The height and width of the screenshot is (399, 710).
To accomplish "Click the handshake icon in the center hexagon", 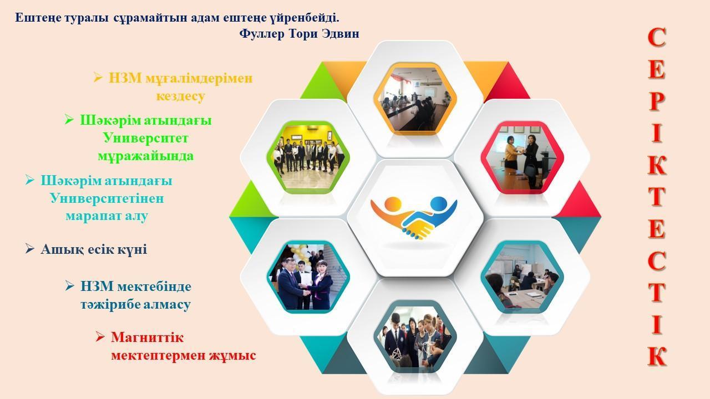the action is [x=414, y=218].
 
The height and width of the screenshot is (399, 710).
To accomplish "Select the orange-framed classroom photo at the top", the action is [x=415, y=99].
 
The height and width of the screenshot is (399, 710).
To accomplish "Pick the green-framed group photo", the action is [x=308, y=157].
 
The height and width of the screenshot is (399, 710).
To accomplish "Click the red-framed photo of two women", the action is [x=522, y=157].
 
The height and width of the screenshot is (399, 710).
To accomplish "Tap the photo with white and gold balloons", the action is [x=308, y=277].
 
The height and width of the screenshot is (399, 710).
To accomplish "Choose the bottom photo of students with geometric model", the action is [x=415, y=336].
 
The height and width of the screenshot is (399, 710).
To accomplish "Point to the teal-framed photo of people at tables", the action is [x=522, y=277].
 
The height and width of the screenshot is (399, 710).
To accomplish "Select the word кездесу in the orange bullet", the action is [x=181, y=96].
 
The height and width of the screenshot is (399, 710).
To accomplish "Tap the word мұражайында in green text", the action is [x=145, y=156].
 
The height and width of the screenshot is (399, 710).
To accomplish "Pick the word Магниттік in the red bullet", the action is [x=147, y=337].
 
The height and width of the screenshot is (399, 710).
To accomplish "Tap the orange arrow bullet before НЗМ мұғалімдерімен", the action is [x=98, y=77].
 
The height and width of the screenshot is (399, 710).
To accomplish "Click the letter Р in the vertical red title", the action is [x=656, y=101].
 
